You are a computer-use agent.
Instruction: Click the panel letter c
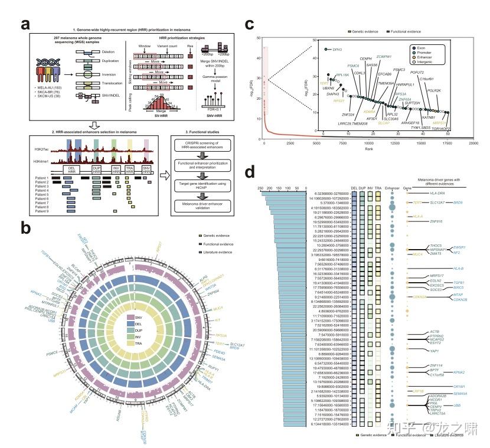point(250,24)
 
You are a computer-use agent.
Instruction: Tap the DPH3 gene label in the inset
point(338,51)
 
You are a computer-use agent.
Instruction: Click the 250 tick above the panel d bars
point(260,188)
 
